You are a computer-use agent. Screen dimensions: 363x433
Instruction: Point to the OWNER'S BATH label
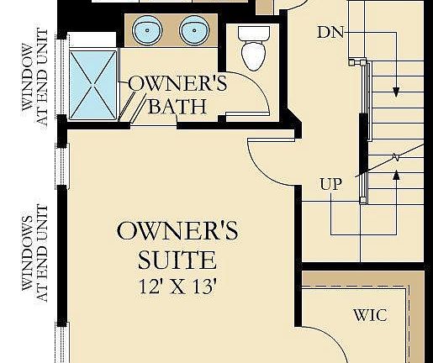(177, 95)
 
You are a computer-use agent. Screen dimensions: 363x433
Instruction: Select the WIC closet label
(369, 315)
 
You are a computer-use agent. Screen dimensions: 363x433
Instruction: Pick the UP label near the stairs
(330, 184)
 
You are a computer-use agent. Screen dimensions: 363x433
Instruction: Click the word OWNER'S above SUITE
(177, 230)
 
